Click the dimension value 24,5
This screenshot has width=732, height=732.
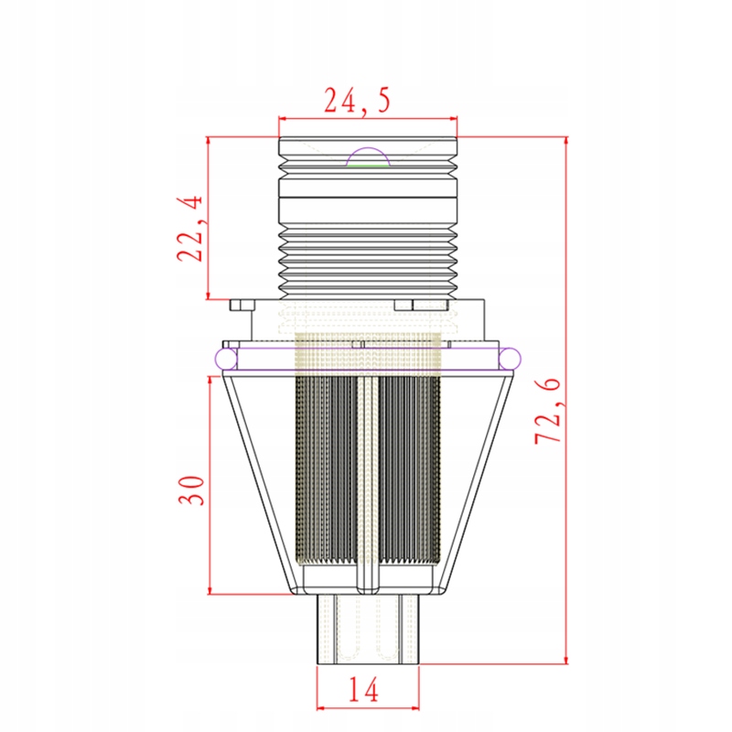pyautogui.click(x=357, y=101)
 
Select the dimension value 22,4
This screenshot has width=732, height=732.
pyautogui.click(x=190, y=228)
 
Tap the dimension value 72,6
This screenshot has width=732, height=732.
pyautogui.click(x=547, y=411)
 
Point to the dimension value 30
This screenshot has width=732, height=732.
pyautogui.click(x=191, y=490)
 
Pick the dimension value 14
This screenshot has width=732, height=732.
pyautogui.click(x=363, y=690)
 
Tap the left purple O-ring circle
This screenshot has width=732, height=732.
pyautogui.click(x=226, y=359)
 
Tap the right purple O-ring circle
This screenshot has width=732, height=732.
pyautogui.click(x=510, y=359)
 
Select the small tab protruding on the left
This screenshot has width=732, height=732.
pyautogui.click(x=242, y=305)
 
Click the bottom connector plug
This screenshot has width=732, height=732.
pyautogui.click(x=368, y=629)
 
